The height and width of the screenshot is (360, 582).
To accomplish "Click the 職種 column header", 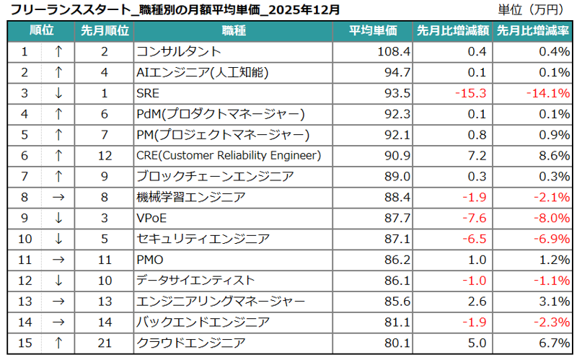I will [234, 31].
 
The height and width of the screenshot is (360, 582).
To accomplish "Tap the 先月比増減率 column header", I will [533, 31].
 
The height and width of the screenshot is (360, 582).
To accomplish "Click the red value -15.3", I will [471, 93].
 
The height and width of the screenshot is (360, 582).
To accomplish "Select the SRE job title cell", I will [147, 93].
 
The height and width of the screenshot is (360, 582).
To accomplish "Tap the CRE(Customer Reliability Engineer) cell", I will [228, 155].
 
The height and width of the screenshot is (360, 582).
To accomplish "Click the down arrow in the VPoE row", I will [59, 218].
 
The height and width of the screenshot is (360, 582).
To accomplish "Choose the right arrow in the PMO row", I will [59, 259].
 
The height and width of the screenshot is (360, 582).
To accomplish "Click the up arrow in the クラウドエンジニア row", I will [59, 342].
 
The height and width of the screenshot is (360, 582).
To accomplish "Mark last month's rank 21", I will [104, 342].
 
